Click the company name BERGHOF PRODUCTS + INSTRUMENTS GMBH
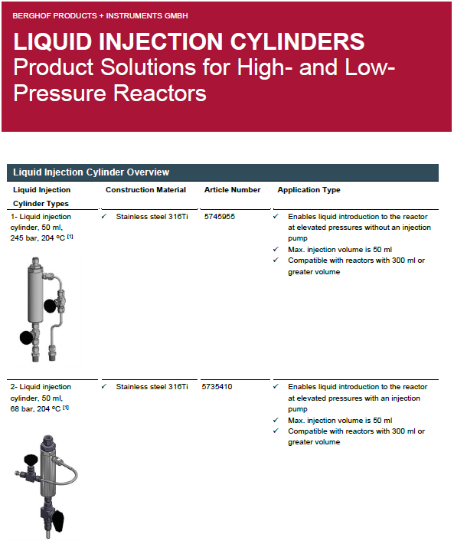coord(100,15)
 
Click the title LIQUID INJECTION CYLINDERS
coord(189,41)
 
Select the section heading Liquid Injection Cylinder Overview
coord(91,172)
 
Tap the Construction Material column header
coord(145,190)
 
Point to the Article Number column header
coord(232,190)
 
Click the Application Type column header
coord(309,190)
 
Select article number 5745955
coord(220,217)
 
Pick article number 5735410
coord(217,387)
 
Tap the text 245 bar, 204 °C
coord(37,238)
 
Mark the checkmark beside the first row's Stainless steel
coord(104,217)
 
